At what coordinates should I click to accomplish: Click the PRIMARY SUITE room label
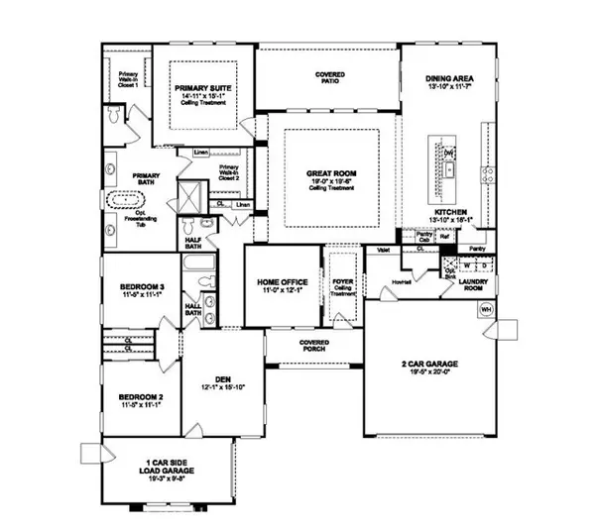tap(203, 89)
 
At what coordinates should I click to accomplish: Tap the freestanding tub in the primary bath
tap(125, 199)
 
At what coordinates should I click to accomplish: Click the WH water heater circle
tap(486, 310)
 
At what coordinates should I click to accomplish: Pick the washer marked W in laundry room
tap(466, 265)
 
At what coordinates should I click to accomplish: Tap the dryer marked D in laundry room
tap(482, 265)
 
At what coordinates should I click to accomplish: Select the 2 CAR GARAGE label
tap(430, 365)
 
